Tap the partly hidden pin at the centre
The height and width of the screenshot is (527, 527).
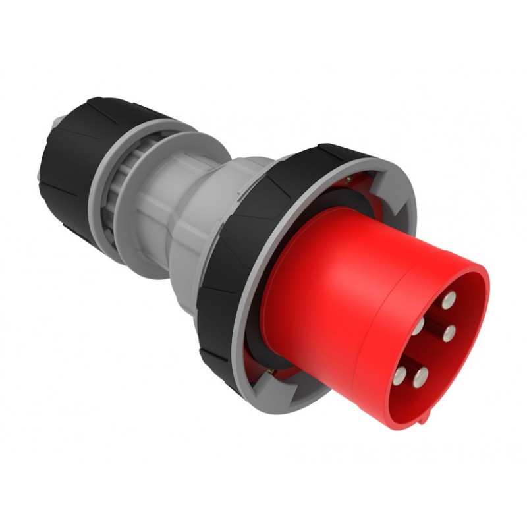pos(419,327)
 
